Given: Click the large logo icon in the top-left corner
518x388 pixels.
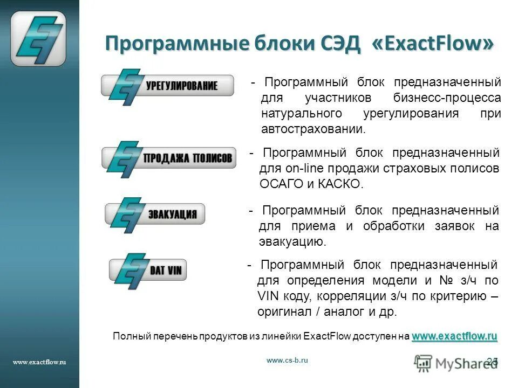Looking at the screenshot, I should [38, 39].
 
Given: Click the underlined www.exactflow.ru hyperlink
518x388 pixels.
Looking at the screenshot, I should [454, 336].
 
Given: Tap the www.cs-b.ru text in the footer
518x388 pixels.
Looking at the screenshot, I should [287, 361].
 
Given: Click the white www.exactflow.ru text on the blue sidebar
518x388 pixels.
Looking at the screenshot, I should [39, 363].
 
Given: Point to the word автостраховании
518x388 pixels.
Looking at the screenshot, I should [313, 129].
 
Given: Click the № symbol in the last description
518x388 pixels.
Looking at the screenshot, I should [446, 280].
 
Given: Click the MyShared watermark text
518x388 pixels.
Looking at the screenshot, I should [458, 363].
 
